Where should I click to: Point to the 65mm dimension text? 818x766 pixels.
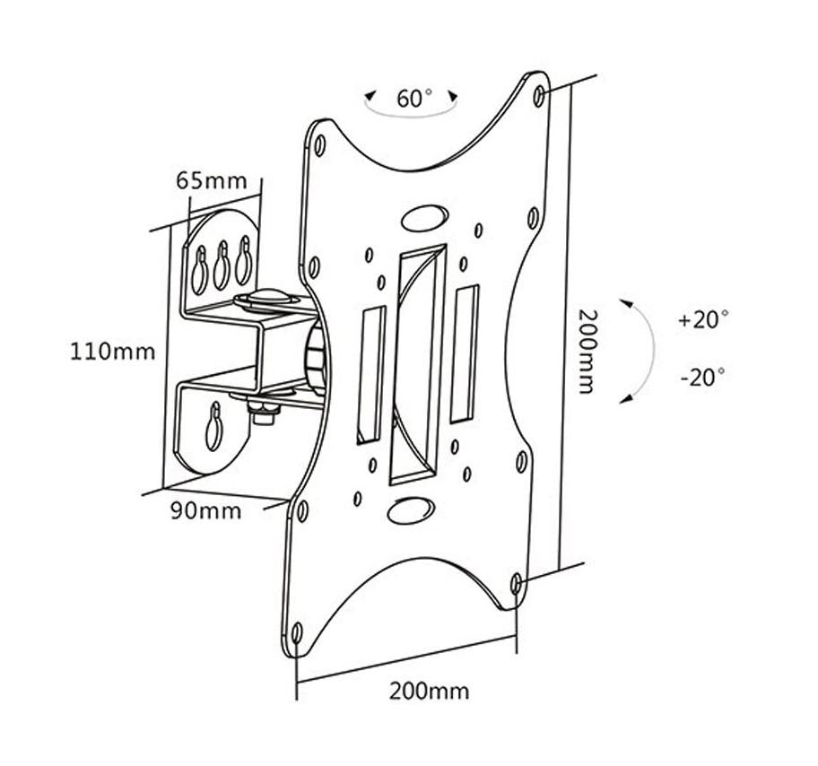[211, 179]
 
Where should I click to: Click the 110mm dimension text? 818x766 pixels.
[113, 351]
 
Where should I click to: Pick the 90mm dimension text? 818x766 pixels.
[206, 511]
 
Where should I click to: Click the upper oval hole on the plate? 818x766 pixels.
[423, 219]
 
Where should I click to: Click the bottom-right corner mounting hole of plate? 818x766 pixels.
[517, 585]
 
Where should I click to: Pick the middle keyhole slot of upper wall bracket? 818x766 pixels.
[221, 263]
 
